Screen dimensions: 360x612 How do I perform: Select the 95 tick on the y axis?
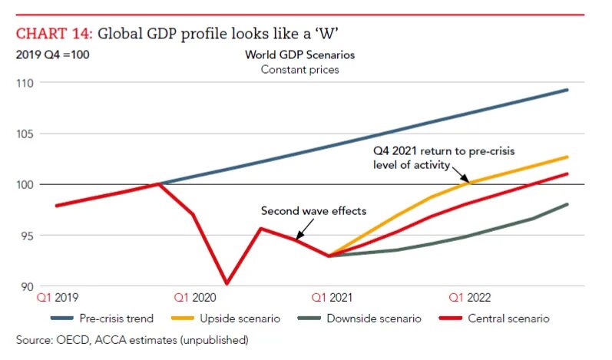(x=28, y=236)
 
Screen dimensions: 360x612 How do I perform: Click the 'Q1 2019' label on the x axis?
(x=58, y=297)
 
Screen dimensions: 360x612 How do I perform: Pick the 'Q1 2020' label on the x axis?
(x=195, y=297)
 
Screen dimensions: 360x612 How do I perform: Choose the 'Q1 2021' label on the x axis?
(x=331, y=297)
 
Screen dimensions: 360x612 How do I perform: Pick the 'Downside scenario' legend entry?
(x=374, y=318)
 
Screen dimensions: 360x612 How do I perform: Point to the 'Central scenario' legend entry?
(x=508, y=318)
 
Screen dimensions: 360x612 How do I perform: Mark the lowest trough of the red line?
(x=227, y=283)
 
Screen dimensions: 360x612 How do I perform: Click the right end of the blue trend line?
(x=567, y=90)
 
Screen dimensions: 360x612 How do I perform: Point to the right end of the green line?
(x=567, y=204)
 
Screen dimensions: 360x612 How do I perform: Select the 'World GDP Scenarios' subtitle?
(x=299, y=55)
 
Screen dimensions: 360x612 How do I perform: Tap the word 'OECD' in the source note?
(x=73, y=339)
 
